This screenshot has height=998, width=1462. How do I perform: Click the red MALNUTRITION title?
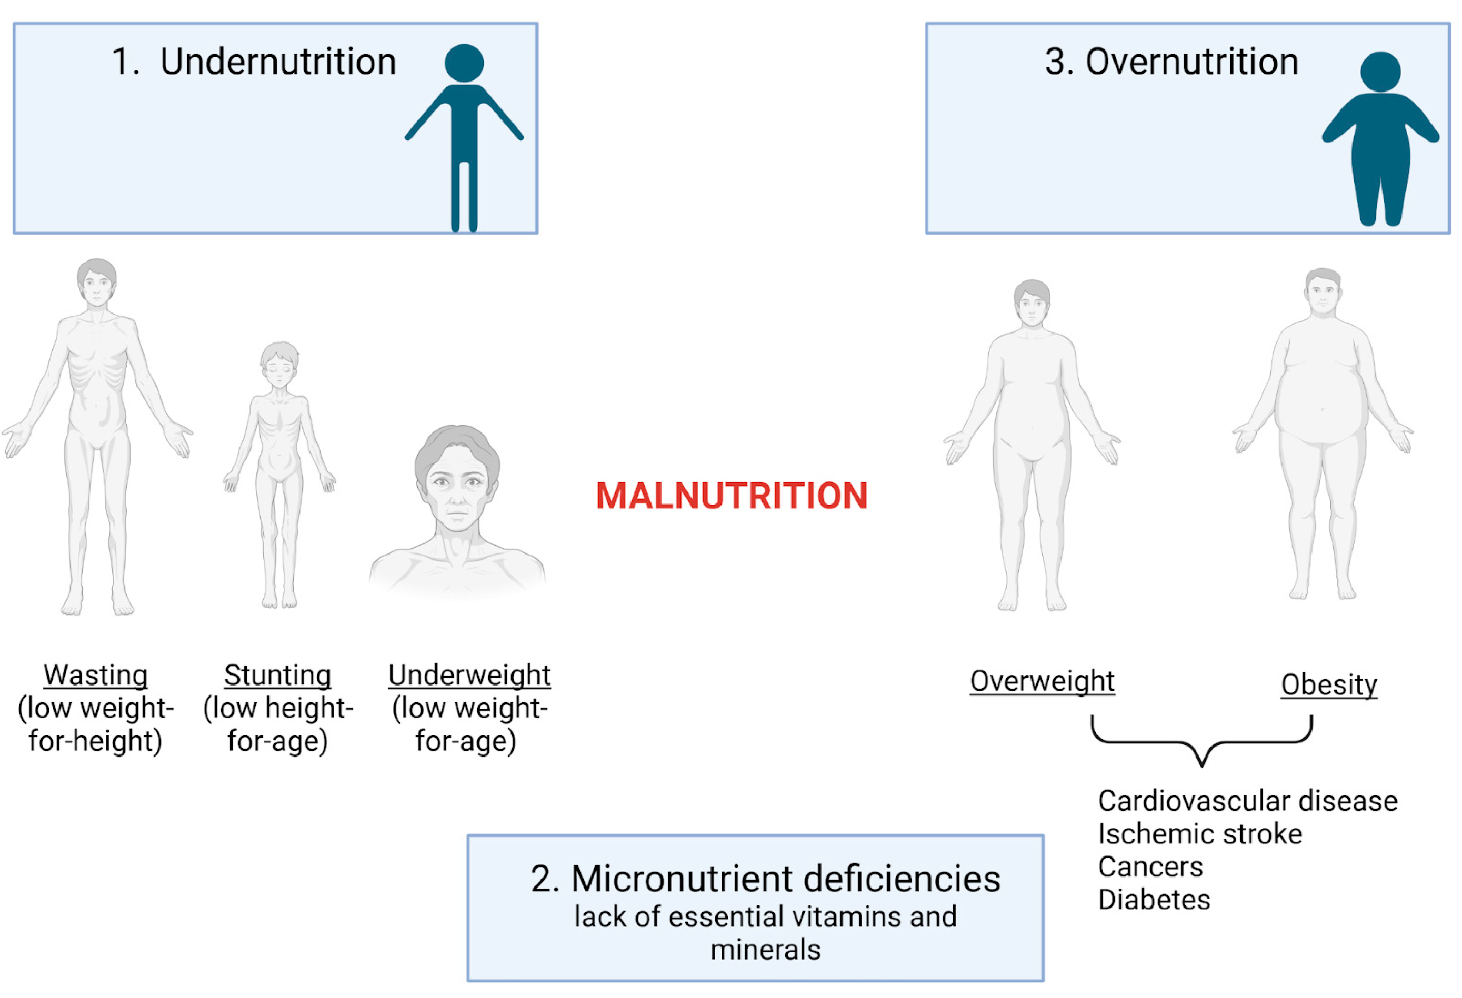[x=731, y=496]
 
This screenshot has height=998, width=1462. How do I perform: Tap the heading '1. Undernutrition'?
[x=254, y=62]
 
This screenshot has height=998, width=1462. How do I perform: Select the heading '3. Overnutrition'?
[x=1171, y=62]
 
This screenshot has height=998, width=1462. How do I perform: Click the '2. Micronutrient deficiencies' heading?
[x=765, y=879]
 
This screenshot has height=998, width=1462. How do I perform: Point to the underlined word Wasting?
[x=96, y=676]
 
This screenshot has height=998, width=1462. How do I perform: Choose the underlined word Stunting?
[x=277, y=676]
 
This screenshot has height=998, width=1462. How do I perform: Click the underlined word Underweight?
[x=469, y=676]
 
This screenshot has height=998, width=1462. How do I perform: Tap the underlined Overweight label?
[x=1042, y=681]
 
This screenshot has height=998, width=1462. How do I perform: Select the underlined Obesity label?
[x=1329, y=684]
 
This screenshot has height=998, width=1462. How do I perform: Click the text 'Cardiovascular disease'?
[x=1247, y=801]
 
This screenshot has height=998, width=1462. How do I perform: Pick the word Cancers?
[x=1150, y=866]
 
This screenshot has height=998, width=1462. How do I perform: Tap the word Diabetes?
[x=1154, y=899]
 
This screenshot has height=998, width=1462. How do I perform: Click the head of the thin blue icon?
[x=464, y=63]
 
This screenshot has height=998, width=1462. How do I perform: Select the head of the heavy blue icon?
[x=1380, y=71]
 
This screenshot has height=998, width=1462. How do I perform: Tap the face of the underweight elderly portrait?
[x=458, y=487]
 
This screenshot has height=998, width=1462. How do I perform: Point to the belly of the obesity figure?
[x=1321, y=409]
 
